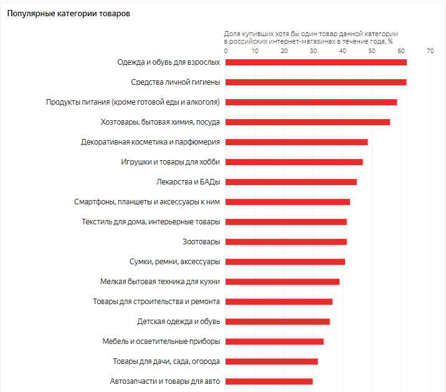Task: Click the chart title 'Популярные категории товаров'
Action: click(x=69, y=14)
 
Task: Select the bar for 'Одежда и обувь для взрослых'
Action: click(x=316, y=62)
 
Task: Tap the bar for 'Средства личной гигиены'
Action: click(x=316, y=82)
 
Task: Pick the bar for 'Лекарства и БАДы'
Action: click(x=291, y=182)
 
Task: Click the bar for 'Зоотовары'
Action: click(x=286, y=242)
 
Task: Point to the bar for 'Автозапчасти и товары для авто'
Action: click(x=269, y=381)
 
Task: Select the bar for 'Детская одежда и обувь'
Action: click(x=278, y=322)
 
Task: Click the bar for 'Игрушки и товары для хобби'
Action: click(x=294, y=162)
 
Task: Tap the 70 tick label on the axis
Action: click(x=430, y=51)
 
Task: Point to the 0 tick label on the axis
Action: click(x=225, y=51)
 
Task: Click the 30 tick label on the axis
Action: click(x=313, y=51)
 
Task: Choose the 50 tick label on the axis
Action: click(x=372, y=51)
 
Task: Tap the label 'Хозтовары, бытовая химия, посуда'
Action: click(x=160, y=122)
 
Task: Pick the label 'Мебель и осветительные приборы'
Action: click(x=161, y=342)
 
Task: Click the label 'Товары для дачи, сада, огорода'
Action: click(x=166, y=361)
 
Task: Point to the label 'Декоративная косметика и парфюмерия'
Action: click(x=150, y=142)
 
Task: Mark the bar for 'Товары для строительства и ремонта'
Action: click(x=279, y=302)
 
